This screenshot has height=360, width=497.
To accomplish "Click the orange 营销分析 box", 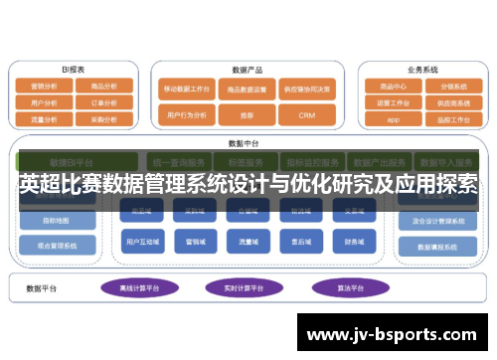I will point(44,87).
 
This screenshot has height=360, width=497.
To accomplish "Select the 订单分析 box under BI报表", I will point(102,101).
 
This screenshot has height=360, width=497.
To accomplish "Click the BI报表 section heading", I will point(73,70).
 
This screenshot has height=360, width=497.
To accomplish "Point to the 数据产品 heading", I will point(247,70).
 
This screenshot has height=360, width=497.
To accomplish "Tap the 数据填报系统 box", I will point(438,247).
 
